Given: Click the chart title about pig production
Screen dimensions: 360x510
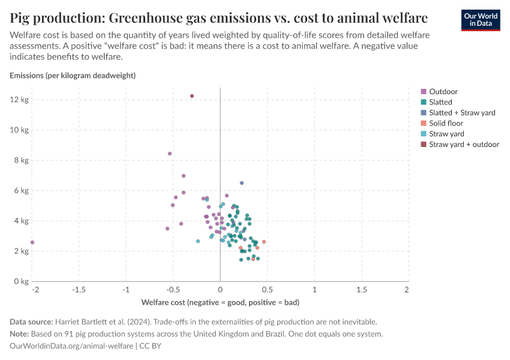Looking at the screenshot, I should point(219,17).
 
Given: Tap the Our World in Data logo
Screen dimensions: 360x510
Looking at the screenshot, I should point(481,19).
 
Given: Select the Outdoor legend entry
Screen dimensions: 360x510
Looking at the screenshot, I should point(443,92).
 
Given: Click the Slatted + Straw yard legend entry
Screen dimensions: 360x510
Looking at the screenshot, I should point(462,113).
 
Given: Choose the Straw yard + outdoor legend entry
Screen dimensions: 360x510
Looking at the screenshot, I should point(464,144).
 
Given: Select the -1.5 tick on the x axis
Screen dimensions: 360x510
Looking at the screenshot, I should point(78,289).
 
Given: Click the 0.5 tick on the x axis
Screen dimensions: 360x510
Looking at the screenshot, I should point(268,289).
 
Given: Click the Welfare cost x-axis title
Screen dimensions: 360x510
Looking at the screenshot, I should point(220,302).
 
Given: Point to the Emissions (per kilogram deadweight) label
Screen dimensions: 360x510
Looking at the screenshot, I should point(73,76).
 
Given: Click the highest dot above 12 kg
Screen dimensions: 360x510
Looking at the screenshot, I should point(192,96).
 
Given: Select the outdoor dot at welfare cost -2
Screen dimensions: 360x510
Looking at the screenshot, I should point(32,242).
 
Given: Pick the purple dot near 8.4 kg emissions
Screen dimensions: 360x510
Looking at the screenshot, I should point(170,154).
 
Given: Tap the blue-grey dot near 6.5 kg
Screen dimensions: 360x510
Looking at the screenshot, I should point(242,183).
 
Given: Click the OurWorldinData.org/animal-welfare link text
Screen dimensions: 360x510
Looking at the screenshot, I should point(72,346).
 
